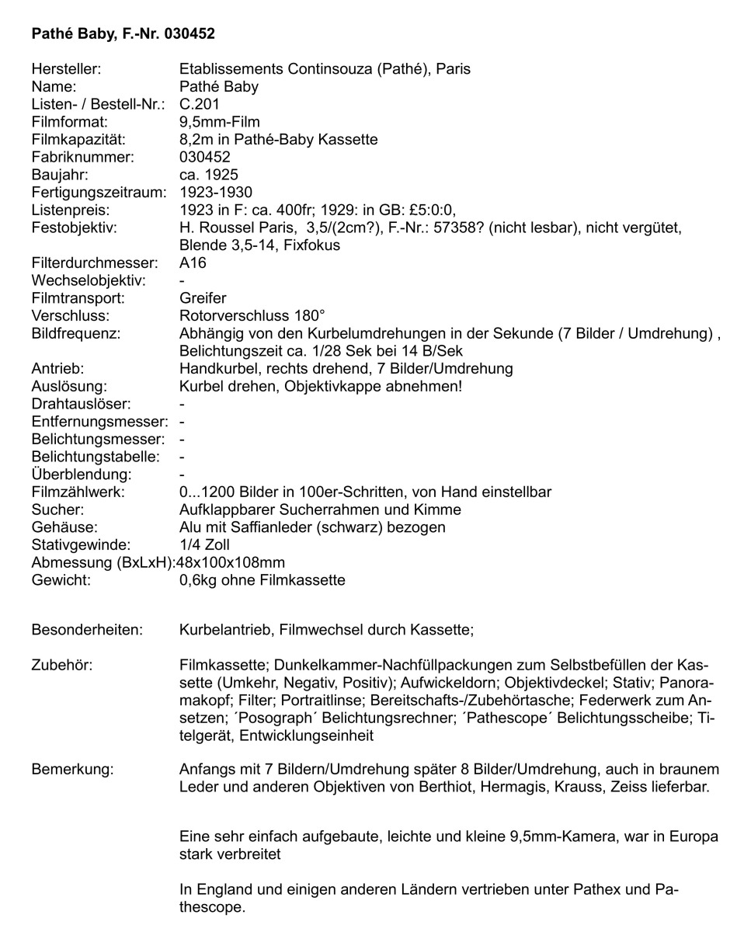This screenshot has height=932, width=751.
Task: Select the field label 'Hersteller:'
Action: coord(66,69)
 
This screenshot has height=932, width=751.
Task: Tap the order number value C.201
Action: coord(200,104)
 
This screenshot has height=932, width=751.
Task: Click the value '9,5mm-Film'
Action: coord(219,122)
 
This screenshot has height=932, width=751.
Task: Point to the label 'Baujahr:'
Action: coord(60,175)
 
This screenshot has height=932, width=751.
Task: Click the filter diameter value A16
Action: coord(193,263)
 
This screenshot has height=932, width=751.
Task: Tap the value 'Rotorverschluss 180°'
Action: coord(252,315)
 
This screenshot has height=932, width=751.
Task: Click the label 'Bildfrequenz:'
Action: coord(74,333)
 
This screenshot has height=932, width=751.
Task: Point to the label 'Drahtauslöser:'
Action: coord(81,404)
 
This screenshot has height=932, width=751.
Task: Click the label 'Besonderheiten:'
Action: coord(87,629)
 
